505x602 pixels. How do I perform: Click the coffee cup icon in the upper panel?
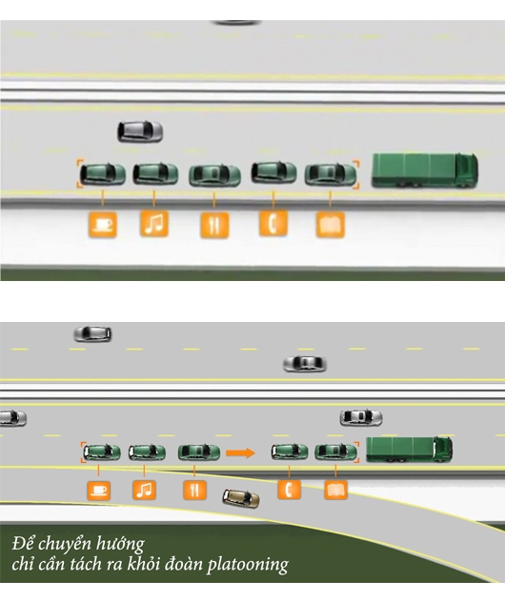click(x=103, y=224)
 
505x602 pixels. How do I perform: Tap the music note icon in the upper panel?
click(x=154, y=223)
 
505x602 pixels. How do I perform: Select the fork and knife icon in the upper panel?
click(x=214, y=225)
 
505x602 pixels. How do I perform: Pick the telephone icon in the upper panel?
click(x=273, y=223)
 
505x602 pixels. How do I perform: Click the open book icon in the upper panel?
click(x=331, y=225)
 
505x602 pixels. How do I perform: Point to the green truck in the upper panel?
click(x=425, y=171)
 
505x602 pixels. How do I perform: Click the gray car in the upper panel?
click(x=140, y=131)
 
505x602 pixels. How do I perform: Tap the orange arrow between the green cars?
click(x=240, y=453)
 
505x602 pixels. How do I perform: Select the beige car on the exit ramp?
click(x=241, y=498)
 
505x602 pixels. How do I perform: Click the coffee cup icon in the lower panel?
click(x=99, y=491)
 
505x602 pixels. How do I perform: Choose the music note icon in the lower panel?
click(x=145, y=490)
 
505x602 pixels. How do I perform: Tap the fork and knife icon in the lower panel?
click(x=194, y=490)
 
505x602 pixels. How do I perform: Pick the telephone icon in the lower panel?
click(x=289, y=490)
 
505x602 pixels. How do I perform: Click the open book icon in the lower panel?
click(x=336, y=490)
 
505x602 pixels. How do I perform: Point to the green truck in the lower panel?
click(x=410, y=449)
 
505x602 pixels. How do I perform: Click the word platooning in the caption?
click(x=248, y=565)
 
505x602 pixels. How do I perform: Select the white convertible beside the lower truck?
click(x=361, y=417)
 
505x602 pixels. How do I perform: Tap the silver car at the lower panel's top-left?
click(x=92, y=333)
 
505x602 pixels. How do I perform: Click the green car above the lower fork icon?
click(x=199, y=452)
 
